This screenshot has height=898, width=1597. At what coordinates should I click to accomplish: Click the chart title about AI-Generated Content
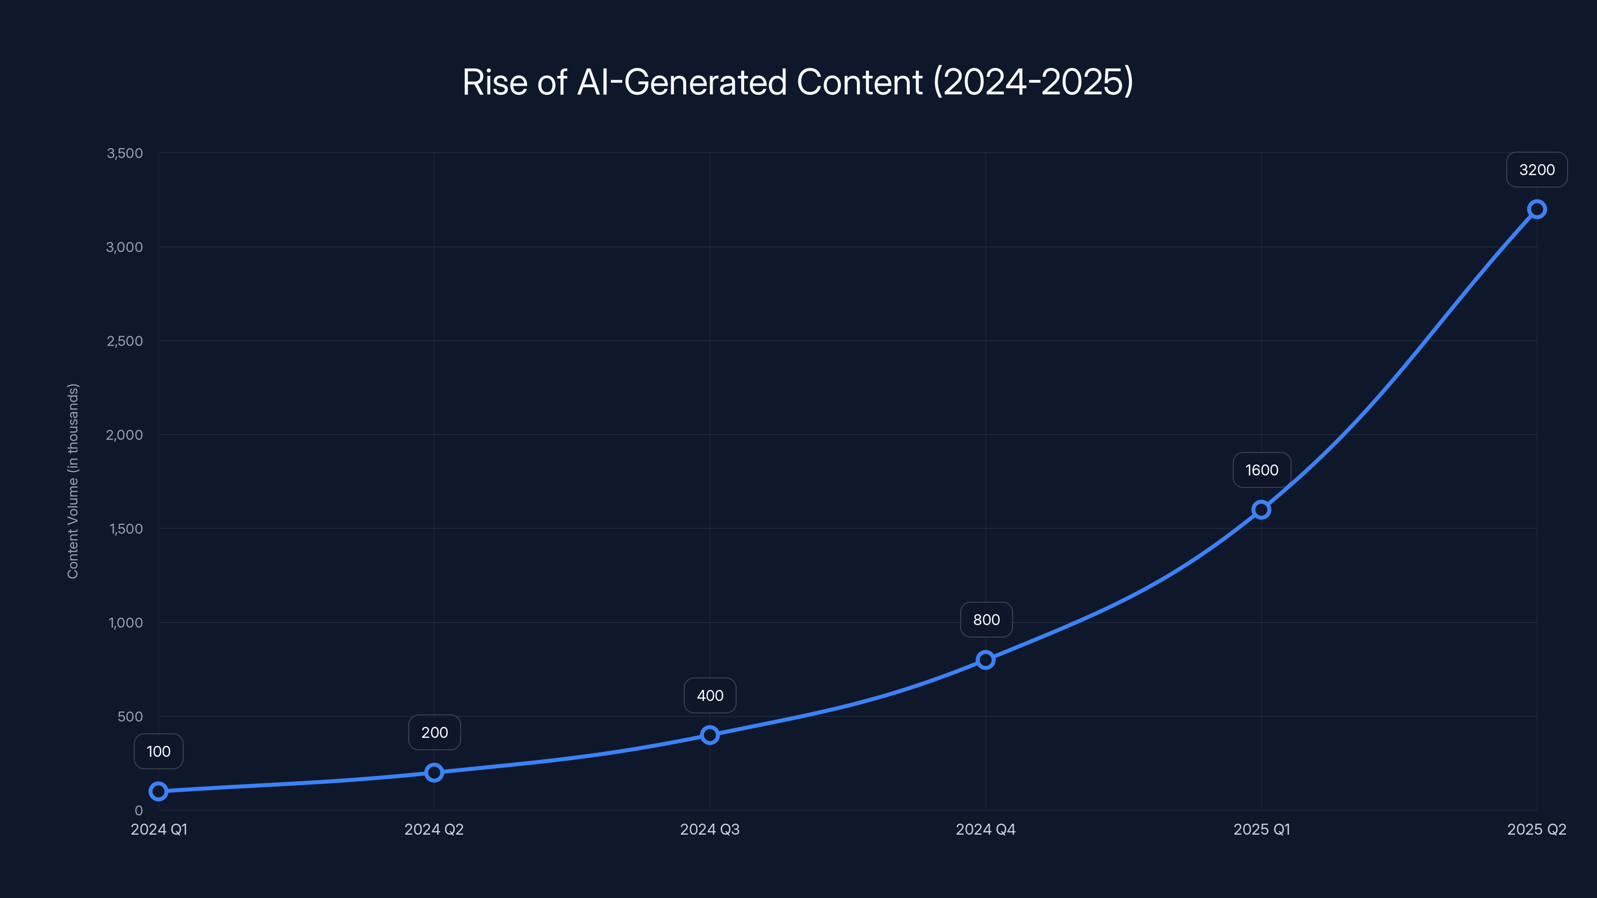pyautogui.click(x=798, y=82)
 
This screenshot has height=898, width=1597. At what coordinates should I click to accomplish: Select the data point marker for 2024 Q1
pyautogui.click(x=159, y=791)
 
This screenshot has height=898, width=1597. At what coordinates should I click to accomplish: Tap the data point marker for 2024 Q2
pyautogui.click(x=434, y=772)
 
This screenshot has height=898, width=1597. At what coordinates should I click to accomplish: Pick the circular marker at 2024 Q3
pyautogui.click(x=710, y=735)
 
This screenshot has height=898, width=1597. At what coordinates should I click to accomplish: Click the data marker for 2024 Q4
pyautogui.click(x=986, y=660)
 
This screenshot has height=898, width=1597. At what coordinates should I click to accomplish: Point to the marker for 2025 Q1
pyautogui.click(x=1261, y=509)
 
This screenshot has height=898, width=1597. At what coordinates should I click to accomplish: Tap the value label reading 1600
pyautogui.click(x=1261, y=470)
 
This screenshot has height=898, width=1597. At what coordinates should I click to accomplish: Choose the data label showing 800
pyautogui.click(x=986, y=620)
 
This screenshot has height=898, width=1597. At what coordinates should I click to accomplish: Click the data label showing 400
pyautogui.click(x=710, y=695)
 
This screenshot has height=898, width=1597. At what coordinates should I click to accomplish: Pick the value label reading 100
pyautogui.click(x=159, y=751)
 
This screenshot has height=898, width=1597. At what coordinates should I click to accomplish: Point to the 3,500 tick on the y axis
pyautogui.click(x=125, y=153)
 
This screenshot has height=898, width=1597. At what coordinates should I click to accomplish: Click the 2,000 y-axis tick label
pyautogui.click(x=125, y=435)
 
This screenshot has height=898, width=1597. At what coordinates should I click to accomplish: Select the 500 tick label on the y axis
pyautogui.click(x=130, y=716)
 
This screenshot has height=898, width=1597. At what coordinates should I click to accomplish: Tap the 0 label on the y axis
pyautogui.click(x=139, y=810)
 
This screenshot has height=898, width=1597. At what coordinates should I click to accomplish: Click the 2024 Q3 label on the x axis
pyautogui.click(x=710, y=829)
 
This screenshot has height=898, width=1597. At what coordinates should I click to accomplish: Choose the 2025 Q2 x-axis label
pyautogui.click(x=1536, y=829)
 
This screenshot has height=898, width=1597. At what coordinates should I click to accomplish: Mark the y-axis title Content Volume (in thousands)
pyautogui.click(x=73, y=481)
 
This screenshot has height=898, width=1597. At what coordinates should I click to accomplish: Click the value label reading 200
pyautogui.click(x=434, y=732)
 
